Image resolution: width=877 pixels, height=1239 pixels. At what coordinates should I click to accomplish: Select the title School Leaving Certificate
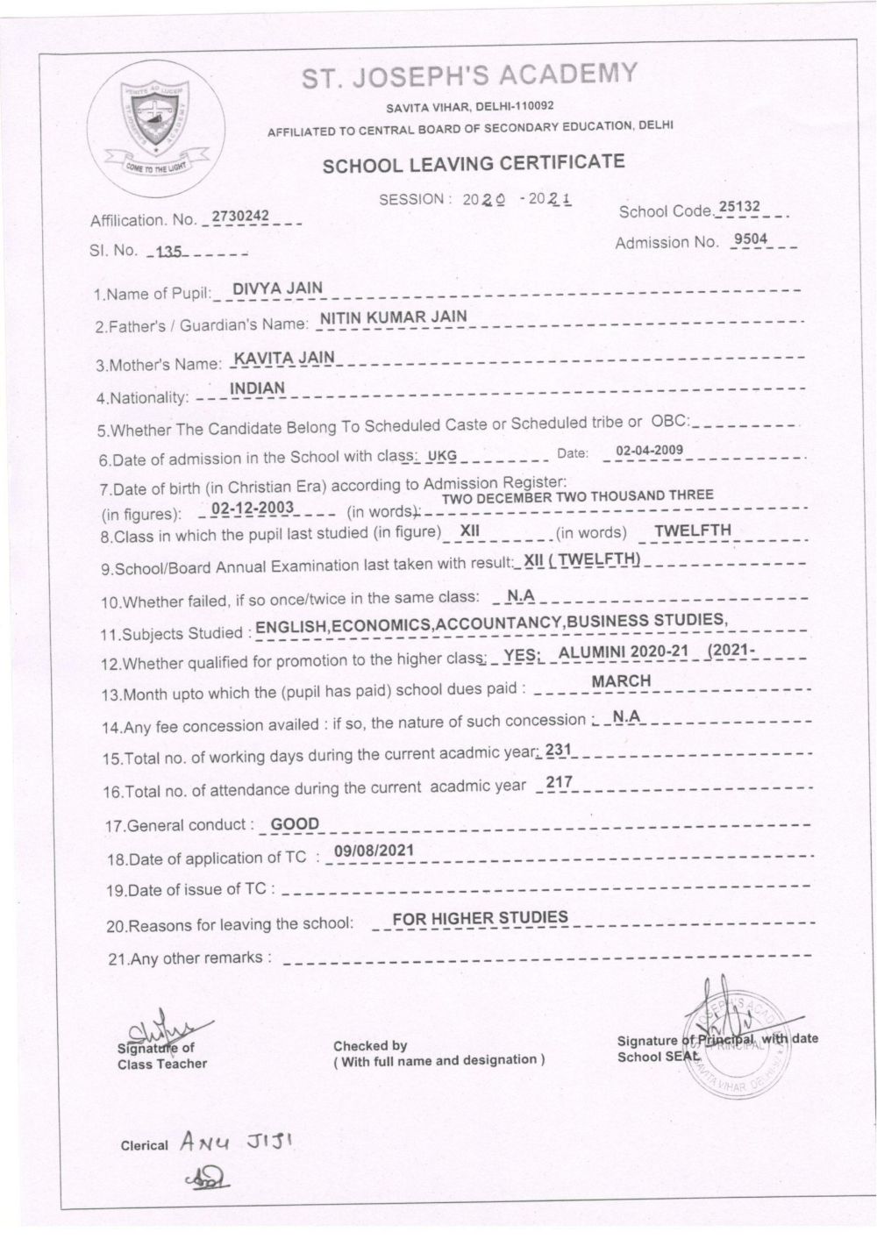point(474,163)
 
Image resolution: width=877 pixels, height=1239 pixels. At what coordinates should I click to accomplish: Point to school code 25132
point(739,208)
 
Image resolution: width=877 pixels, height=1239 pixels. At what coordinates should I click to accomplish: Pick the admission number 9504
point(752,239)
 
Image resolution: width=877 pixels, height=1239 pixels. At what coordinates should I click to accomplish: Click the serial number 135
point(168,253)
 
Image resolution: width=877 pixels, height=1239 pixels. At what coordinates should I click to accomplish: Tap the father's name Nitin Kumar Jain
point(393,317)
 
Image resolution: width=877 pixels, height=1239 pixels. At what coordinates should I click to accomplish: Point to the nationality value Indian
point(257,388)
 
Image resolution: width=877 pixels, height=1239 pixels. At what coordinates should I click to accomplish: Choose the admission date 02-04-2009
point(649,451)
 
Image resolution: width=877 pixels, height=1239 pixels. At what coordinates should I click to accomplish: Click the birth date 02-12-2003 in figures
point(252,509)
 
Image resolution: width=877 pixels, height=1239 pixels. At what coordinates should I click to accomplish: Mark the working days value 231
point(558,750)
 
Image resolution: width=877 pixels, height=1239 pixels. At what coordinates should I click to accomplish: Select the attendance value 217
point(559,782)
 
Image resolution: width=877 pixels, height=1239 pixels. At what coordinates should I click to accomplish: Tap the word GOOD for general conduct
point(295,824)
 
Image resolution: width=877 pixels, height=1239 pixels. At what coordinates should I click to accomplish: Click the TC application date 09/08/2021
point(374,851)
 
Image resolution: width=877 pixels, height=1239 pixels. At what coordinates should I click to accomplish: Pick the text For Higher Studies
point(480,918)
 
